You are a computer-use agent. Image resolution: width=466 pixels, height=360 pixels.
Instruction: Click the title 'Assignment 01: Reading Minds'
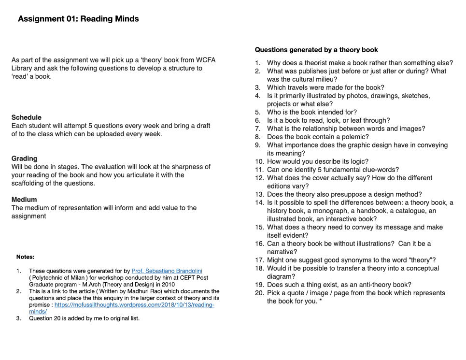[78, 19]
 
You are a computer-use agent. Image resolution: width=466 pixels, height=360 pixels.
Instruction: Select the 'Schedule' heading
[26, 117]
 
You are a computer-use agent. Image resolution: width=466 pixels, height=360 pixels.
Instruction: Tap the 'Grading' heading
[24, 158]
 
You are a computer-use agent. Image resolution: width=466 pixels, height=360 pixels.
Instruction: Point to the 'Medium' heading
[24, 200]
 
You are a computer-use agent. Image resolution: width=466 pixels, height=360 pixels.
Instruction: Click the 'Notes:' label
[25, 257]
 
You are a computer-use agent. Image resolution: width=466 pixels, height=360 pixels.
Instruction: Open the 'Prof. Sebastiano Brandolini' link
[167, 271]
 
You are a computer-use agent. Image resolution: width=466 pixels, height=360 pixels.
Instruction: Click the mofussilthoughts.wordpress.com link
[134, 305]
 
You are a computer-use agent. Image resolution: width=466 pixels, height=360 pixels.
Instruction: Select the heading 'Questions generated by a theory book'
[316, 50]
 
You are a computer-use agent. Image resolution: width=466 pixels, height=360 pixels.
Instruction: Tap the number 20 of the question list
[259, 293]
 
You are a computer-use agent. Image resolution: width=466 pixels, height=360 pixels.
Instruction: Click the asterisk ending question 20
[321, 301]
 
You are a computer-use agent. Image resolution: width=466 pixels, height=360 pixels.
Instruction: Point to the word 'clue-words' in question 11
[382, 170]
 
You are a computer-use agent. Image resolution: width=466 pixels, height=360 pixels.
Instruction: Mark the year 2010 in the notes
[167, 285]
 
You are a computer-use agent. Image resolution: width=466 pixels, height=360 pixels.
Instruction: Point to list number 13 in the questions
[259, 194]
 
